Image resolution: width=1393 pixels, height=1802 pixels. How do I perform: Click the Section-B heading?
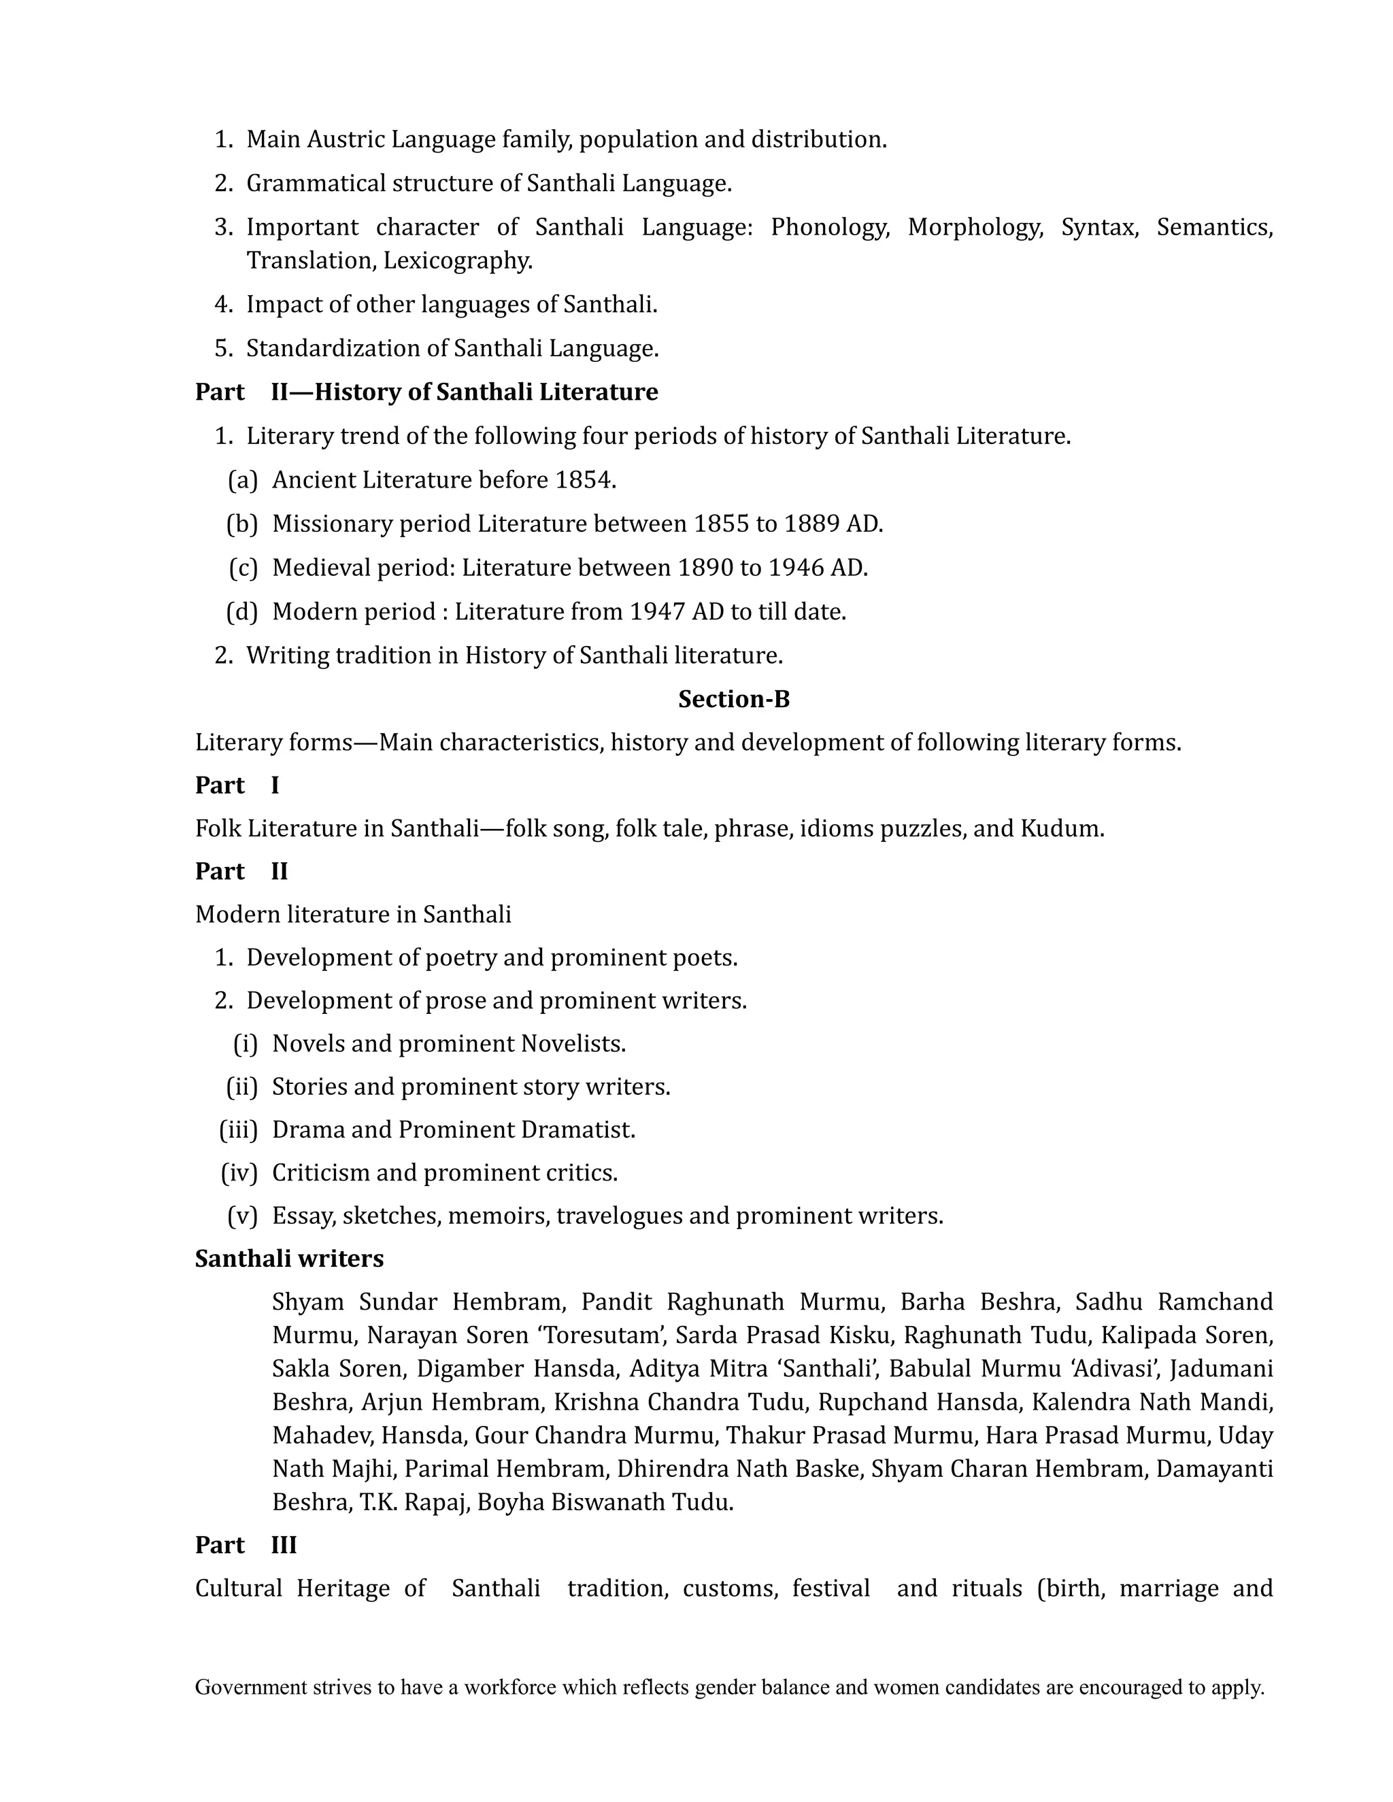pyautogui.click(x=734, y=700)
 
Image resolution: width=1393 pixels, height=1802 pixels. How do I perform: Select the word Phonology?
pyautogui.click(x=829, y=227)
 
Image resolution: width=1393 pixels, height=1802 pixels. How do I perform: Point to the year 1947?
pyautogui.click(x=657, y=612)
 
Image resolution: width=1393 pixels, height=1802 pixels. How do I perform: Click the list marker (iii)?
pyautogui.click(x=237, y=1129)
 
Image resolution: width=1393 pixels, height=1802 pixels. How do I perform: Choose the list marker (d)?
pyautogui.click(x=241, y=612)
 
